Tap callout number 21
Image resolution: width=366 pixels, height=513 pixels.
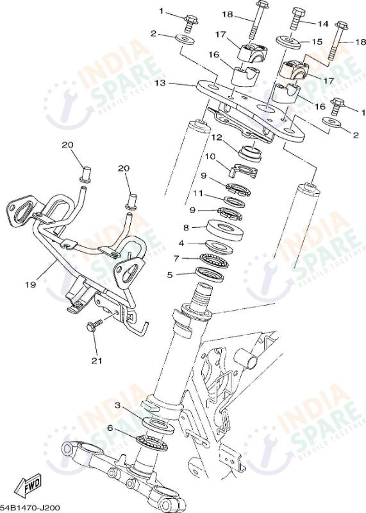click(96, 361)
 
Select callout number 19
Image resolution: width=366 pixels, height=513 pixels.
click(30, 284)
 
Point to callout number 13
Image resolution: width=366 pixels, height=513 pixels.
click(160, 83)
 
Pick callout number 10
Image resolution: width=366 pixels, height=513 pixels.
click(211, 157)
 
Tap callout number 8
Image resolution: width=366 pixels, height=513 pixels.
click(186, 228)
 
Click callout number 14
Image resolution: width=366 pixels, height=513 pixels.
click(323, 24)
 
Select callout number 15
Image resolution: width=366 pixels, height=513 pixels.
click(317, 42)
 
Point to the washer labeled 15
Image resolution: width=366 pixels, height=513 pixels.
click(288, 41)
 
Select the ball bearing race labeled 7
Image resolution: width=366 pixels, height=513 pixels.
click(214, 260)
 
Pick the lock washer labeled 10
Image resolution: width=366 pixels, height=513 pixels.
click(244, 170)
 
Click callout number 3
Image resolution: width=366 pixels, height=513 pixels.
click(117, 405)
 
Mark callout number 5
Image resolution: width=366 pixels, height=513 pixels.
click(170, 275)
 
